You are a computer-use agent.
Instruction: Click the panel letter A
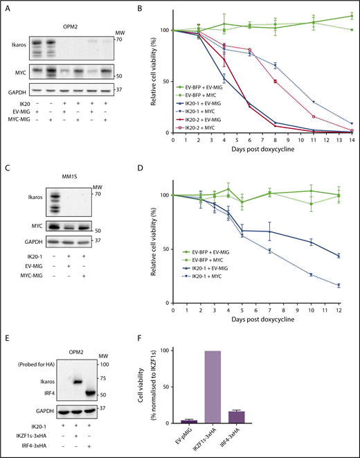(x=6, y=7)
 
